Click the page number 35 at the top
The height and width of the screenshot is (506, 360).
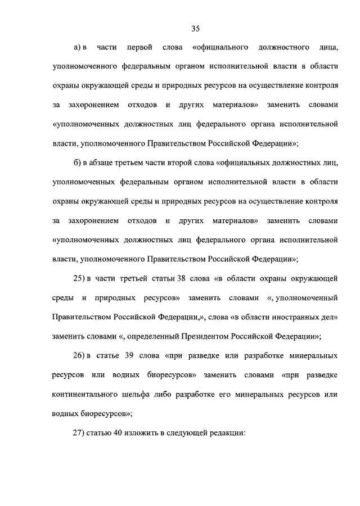point(196,29)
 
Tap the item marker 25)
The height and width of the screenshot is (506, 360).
point(80,278)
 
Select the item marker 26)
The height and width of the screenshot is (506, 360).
point(80,356)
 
